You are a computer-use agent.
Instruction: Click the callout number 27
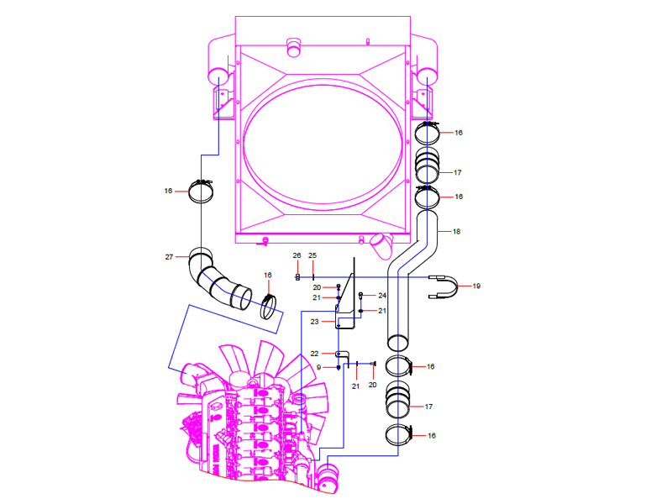(x=168, y=256)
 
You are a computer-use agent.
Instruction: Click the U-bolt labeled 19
(x=450, y=286)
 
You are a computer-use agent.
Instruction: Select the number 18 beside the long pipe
(x=456, y=231)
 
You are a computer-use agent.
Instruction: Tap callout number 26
(x=297, y=255)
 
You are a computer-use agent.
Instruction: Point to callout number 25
(x=312, y=255)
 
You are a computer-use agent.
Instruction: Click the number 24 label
(x=381, y=296)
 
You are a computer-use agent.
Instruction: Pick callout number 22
(x=314, y=353)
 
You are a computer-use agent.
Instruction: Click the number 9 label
(x=319, y=367)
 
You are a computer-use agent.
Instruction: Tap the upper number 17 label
(x=458, y=172)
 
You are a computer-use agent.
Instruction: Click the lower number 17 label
(x=428, y=407)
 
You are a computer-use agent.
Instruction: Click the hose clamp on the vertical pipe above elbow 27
(x=202, y=192)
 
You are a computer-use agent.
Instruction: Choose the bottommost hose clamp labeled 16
(x=401, y=436)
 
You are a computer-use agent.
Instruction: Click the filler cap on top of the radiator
(x=294, y=46)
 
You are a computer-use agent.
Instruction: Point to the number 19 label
(x=476, y=286)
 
